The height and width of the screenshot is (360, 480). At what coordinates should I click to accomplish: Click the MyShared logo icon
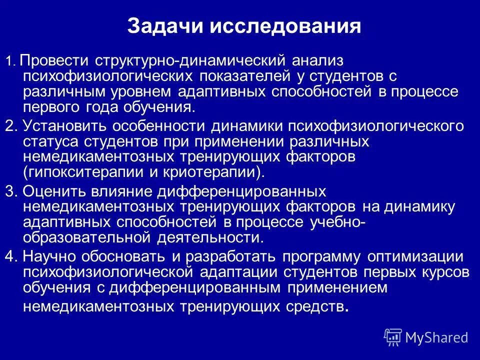pyautogui.click(x=392, y=336)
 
